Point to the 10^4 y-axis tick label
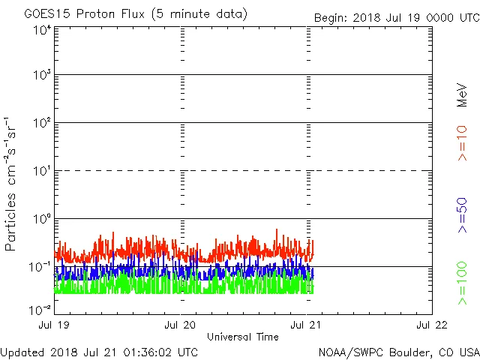(42, 30)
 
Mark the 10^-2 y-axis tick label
(40, 309)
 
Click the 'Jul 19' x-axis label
(55, 325)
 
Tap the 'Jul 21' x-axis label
(306, 325)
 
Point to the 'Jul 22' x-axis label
(432, 325)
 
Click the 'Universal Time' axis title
(243, 337)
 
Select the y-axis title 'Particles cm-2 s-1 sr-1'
(12, 183)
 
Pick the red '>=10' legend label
(463, 142)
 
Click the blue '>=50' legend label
(463, 215)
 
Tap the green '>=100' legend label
(463, 283)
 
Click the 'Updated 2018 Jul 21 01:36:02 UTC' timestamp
(99, 352)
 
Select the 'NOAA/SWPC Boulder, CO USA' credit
(398, 352)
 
